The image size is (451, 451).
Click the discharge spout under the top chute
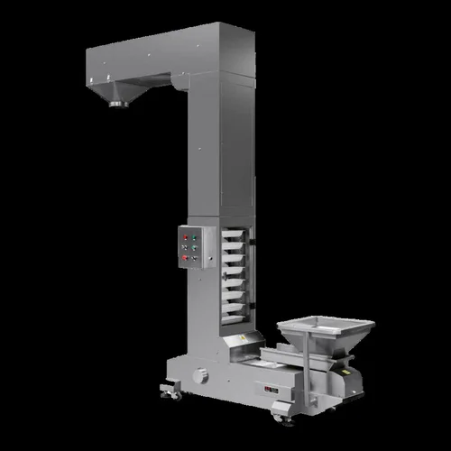(x=116, y=101)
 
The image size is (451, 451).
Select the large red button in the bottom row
(x=184, y=257)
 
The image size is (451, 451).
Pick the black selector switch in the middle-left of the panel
(x=184, y=246)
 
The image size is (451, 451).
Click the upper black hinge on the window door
(x=253, y=241)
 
